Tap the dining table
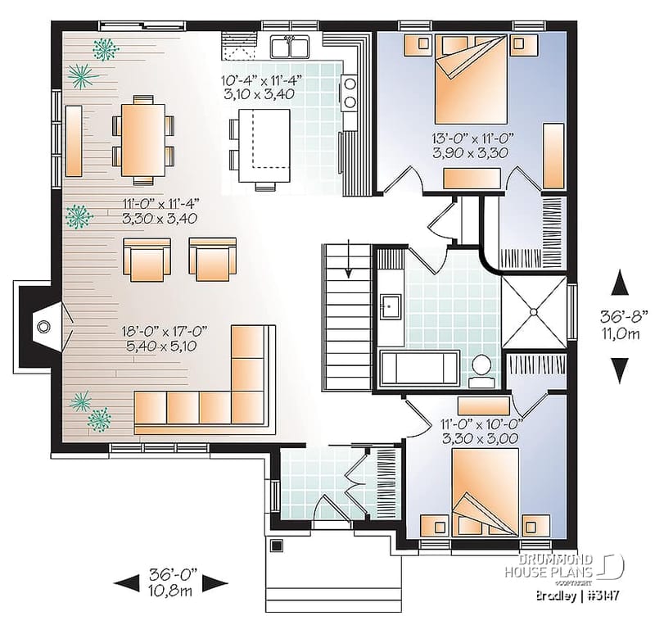point(142,138)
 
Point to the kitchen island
point(263,147)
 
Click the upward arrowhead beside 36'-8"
point(620,283)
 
